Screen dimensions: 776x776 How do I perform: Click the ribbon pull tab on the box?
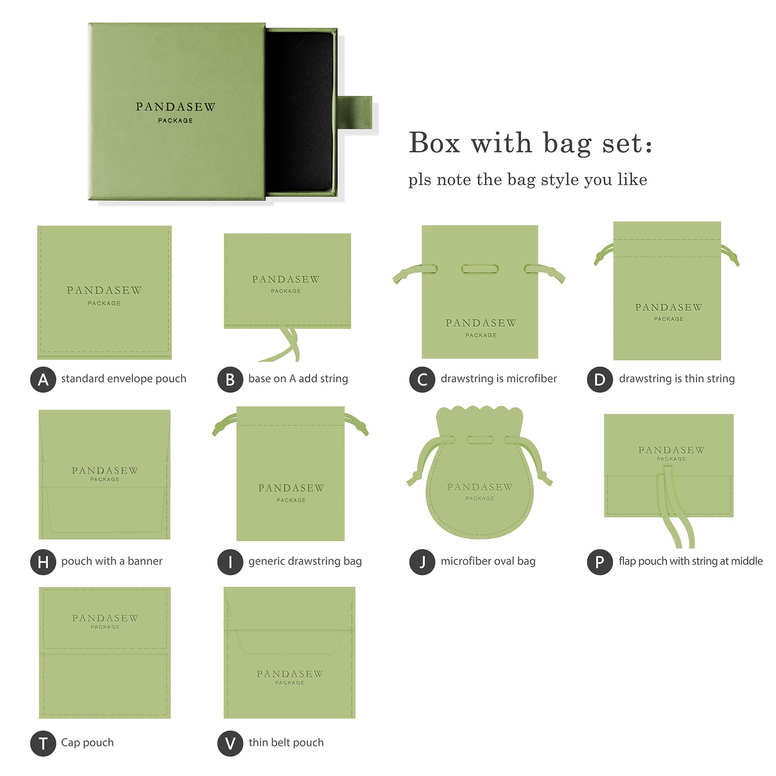(356, 113)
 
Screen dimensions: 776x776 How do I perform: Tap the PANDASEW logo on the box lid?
(176, 107)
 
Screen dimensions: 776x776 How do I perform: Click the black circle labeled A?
(43, 380)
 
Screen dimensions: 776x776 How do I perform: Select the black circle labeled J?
(422, 562)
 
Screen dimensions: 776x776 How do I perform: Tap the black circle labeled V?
(230, 744)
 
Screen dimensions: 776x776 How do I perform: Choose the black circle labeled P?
(599, 562)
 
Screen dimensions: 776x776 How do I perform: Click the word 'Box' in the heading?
(434, 143)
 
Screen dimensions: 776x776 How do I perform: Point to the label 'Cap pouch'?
(88, 743)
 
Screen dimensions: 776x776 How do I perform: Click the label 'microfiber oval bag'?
(488, 561)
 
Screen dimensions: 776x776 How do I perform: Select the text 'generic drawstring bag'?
(305, 561)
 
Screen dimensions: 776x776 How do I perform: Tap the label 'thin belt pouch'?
(286, 743)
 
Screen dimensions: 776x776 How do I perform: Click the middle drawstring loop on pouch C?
(480, 269)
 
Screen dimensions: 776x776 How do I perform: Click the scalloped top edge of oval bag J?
(480, 414)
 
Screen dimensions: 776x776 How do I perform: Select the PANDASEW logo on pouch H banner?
(105, 471)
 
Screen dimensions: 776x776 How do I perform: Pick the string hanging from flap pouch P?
(678, 516)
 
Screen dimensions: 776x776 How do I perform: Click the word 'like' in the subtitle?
(632, 179)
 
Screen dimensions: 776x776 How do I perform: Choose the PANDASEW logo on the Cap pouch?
(105, 619)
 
